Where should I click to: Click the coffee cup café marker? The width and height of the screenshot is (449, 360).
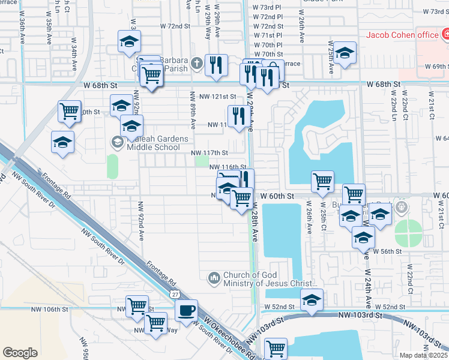pos(185,311)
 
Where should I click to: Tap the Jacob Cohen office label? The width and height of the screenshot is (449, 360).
pos(403,35)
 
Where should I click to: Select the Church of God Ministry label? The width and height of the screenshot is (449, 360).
pos(268,280)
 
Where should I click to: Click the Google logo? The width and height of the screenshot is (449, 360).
pos(20,353)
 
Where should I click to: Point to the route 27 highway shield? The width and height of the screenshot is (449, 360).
pos(174,295)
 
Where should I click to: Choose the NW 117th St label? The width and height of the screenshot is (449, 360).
pos(209,153)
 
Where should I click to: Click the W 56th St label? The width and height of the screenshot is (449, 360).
pos(387,251)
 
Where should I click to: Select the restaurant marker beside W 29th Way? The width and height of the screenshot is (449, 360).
pos(216,65)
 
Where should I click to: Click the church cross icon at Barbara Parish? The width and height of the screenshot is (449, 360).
pos(197,62)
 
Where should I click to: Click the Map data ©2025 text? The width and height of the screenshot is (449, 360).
pos(424,355)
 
